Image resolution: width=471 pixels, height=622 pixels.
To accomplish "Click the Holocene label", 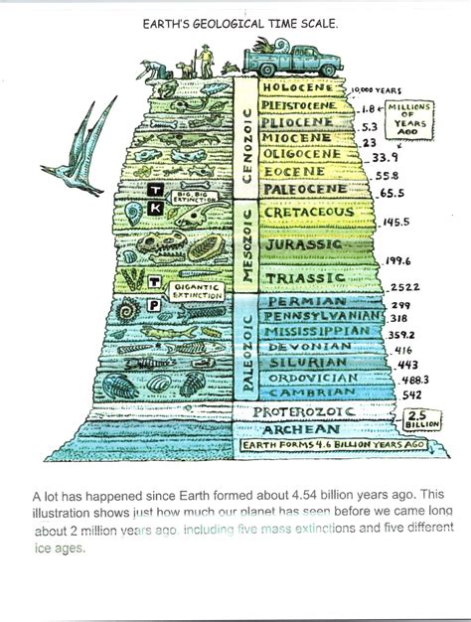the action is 302,87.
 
